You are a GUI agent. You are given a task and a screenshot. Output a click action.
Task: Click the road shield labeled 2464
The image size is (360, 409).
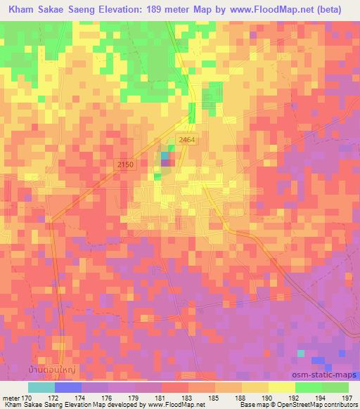click(x=186, y=140)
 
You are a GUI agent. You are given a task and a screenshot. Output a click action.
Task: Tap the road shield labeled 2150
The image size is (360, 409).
click(x=124, y=164)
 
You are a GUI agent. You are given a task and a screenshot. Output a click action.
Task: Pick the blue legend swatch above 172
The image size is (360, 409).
click(x=67, y=387)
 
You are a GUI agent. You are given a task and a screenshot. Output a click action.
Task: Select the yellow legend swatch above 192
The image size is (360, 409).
click(x=282, y=387)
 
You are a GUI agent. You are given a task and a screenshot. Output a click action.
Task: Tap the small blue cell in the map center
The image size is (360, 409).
click(x=165, y=155)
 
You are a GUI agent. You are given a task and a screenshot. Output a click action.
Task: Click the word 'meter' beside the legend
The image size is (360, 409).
click(x=11, y=397)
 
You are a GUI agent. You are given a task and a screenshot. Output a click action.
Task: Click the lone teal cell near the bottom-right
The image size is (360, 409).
click(x=301, y=353)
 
